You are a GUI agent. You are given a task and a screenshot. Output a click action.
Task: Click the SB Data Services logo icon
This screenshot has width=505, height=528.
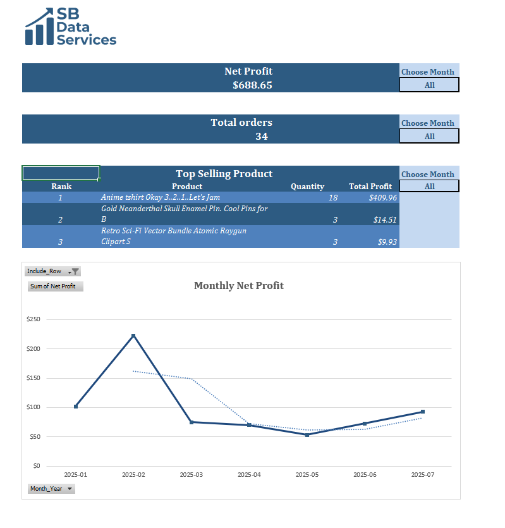tap(39, 27)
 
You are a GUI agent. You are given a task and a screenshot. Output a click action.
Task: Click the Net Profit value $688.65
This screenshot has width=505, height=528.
tap(252, 85)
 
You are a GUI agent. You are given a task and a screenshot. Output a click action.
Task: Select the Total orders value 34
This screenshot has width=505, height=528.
tap(261, 136)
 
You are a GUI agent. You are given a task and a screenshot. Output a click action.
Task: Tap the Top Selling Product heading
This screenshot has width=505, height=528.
tap(224, 173)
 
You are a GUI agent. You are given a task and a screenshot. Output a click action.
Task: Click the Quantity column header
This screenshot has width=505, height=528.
tap(307, 187)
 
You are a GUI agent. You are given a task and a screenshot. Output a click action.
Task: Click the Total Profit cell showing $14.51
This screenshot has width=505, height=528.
tap(385, 219)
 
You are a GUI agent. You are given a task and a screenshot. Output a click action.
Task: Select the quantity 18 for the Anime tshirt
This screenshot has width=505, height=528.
tap(332, 198)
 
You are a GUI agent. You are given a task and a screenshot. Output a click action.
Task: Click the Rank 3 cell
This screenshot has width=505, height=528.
tap(61, 242)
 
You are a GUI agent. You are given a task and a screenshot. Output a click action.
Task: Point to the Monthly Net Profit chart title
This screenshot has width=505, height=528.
tap(239, 286)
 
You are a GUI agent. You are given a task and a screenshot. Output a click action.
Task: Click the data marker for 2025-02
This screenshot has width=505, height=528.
tap(133, 335)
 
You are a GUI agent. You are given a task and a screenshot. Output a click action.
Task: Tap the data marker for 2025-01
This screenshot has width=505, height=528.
tap(76, 407)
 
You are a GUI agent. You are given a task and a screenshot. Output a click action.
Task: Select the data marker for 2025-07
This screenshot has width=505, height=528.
tap(422, 412)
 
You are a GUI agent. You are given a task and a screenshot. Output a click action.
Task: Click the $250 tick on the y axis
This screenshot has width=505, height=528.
tap(33, 319)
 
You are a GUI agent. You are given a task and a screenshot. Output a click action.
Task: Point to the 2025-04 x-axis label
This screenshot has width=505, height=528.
tap(249, 474)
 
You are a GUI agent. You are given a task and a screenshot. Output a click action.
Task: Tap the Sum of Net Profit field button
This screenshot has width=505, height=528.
tap(56, 286)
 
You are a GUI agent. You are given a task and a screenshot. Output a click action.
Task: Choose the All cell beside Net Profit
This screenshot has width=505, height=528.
tap(429, 85)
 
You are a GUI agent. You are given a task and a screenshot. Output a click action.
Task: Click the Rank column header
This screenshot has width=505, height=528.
tap(61, 187)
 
